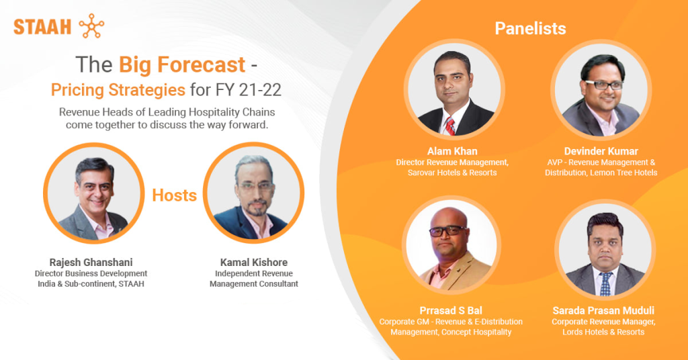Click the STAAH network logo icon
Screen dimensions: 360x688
pos(91,26)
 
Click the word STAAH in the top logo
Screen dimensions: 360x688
pos(42,27)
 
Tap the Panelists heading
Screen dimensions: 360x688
pos(530,29)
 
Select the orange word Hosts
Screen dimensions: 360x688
pos(174,195)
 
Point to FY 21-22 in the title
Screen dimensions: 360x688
pos(246,89)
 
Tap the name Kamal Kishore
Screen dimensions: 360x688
pos(254,262)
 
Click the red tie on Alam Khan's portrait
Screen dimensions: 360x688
pos(450,124)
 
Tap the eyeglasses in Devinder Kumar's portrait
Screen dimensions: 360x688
pos(603,85)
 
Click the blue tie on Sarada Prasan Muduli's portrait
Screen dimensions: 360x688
pos(605,284)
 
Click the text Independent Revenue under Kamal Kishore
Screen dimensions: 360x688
pos(253,273)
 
